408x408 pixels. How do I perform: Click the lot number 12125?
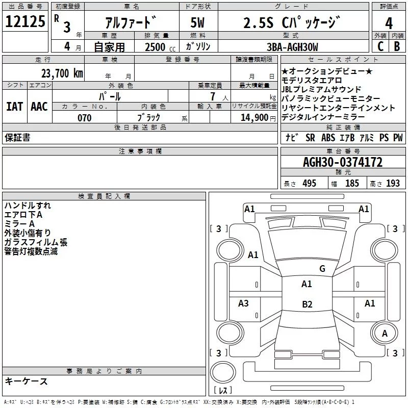(25, 22)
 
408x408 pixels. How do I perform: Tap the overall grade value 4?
(389, 23)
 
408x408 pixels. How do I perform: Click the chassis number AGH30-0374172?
(343, 162)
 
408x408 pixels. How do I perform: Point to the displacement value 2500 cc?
(155, 47)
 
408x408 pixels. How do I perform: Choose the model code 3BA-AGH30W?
(292, 47)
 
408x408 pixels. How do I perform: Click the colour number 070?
(84, 118)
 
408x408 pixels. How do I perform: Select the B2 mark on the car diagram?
(307, 304)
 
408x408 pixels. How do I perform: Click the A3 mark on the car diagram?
(244, 303)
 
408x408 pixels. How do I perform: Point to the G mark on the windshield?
(322, 269)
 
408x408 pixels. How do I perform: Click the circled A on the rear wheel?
(385, 333)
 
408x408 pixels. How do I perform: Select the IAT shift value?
(15, 106)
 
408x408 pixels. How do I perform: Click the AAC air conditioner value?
(39, 106)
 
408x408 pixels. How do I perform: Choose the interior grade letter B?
(397, 46)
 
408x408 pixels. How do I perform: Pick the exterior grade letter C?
(380, 46)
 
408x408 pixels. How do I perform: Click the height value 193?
(393, 183)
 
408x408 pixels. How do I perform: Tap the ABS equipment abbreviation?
(329, 137)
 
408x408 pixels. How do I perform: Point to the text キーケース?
(26, 381)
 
